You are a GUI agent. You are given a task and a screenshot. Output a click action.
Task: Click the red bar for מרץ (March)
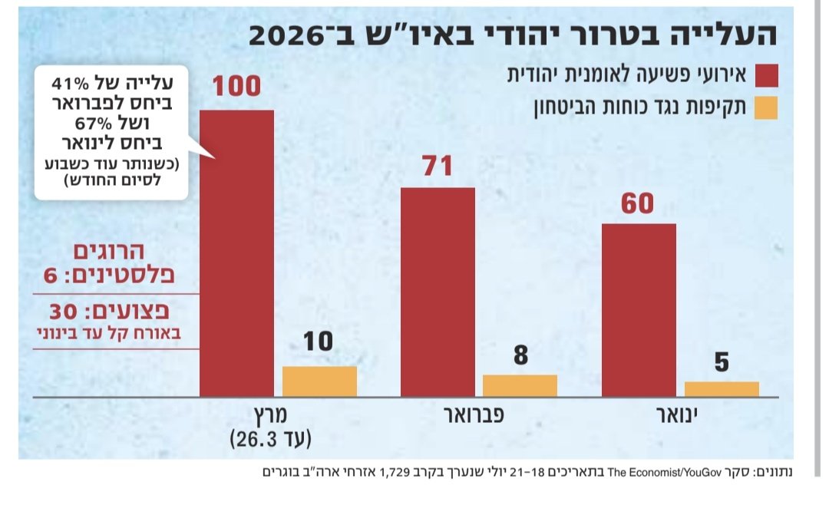click(236, 253)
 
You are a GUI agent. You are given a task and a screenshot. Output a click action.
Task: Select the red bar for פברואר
click(438, 292)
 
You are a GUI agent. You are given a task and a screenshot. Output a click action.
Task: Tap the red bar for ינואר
click(639, 310)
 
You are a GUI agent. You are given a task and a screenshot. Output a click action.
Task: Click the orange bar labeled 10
click(319, 381)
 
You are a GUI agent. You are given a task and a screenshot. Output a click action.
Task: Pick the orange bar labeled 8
click(520, 385)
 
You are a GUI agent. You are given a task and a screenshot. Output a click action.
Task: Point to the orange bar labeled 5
click(721, 389)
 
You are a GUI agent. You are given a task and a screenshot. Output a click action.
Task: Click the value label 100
click(236, 87)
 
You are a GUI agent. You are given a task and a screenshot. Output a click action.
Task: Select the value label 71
click(438, 166)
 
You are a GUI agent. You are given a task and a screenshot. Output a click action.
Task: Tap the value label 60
click(639, 204)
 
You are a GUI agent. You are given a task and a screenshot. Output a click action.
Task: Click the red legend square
click(766, 76)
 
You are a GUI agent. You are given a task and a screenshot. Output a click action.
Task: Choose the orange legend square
click(766, 108)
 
